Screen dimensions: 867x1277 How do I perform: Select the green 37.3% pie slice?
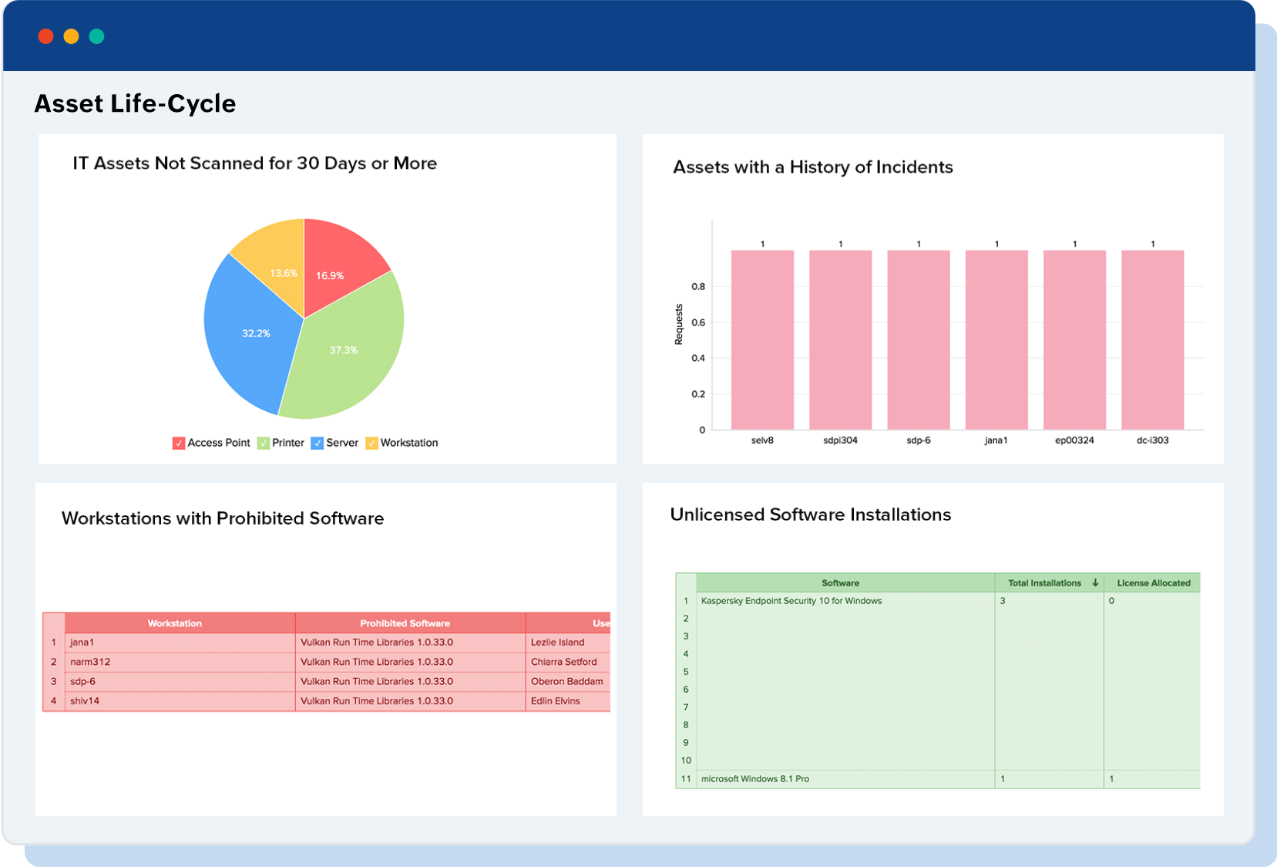[x=347, y=355]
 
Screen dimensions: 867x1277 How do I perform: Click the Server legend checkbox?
[x=317, y=444]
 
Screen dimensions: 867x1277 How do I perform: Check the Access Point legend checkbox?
[x=179, y=444]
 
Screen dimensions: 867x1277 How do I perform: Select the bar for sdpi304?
[x=840, y=339]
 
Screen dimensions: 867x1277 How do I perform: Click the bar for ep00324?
[x=1074, y=339]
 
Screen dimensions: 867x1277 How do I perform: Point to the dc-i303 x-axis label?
[x=1152, y=440]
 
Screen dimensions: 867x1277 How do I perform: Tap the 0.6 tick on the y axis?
[x=698, y=322]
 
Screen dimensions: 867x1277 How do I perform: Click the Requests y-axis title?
[x=679, y=324]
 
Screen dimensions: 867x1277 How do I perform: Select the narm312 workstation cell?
[x=90, y=662]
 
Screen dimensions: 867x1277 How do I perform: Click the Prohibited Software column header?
[x=405, y=623]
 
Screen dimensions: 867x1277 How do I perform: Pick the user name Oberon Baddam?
[x=566, y=682]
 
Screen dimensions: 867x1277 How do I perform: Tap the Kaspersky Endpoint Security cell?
[x=791, y=601]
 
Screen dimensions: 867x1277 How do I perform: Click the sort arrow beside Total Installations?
[x=1095, y=583]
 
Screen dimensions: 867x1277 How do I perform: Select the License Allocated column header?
[x=1153, y=583]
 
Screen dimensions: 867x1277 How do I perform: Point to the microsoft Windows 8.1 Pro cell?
[x=755, y=779]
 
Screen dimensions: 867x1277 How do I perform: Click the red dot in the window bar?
[x=45, y=36]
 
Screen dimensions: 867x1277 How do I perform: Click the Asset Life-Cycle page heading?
[x=135, y=103]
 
